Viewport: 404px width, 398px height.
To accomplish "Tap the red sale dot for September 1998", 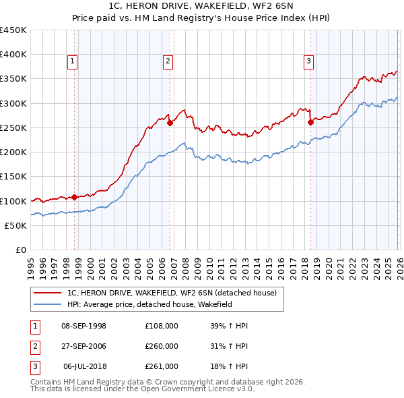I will tap(74, 197).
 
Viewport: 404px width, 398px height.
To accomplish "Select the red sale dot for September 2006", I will tap(170, 123).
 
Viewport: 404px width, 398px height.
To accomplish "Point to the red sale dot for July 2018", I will tap(310, 122).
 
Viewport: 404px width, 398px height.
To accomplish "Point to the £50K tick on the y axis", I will tap(16, 225).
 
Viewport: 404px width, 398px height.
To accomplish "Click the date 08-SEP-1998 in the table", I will tap(83, 326).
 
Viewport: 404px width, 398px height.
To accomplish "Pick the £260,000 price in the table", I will tap(162, 346).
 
